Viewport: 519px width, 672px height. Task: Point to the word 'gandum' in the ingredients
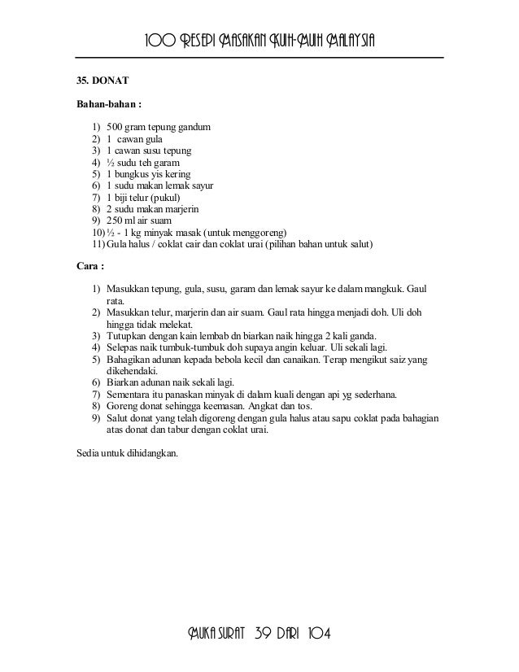click(195, 128)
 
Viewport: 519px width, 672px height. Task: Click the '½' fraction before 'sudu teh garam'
click(111, 163)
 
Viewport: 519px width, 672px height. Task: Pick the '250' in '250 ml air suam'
click(116, 220)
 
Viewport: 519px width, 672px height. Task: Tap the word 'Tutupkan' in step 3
click(127, 335)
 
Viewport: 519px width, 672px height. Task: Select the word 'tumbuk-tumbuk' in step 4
click(185, 347)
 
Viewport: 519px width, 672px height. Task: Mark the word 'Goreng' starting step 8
click(122, 406)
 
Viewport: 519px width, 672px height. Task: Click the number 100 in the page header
click(160, 41)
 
